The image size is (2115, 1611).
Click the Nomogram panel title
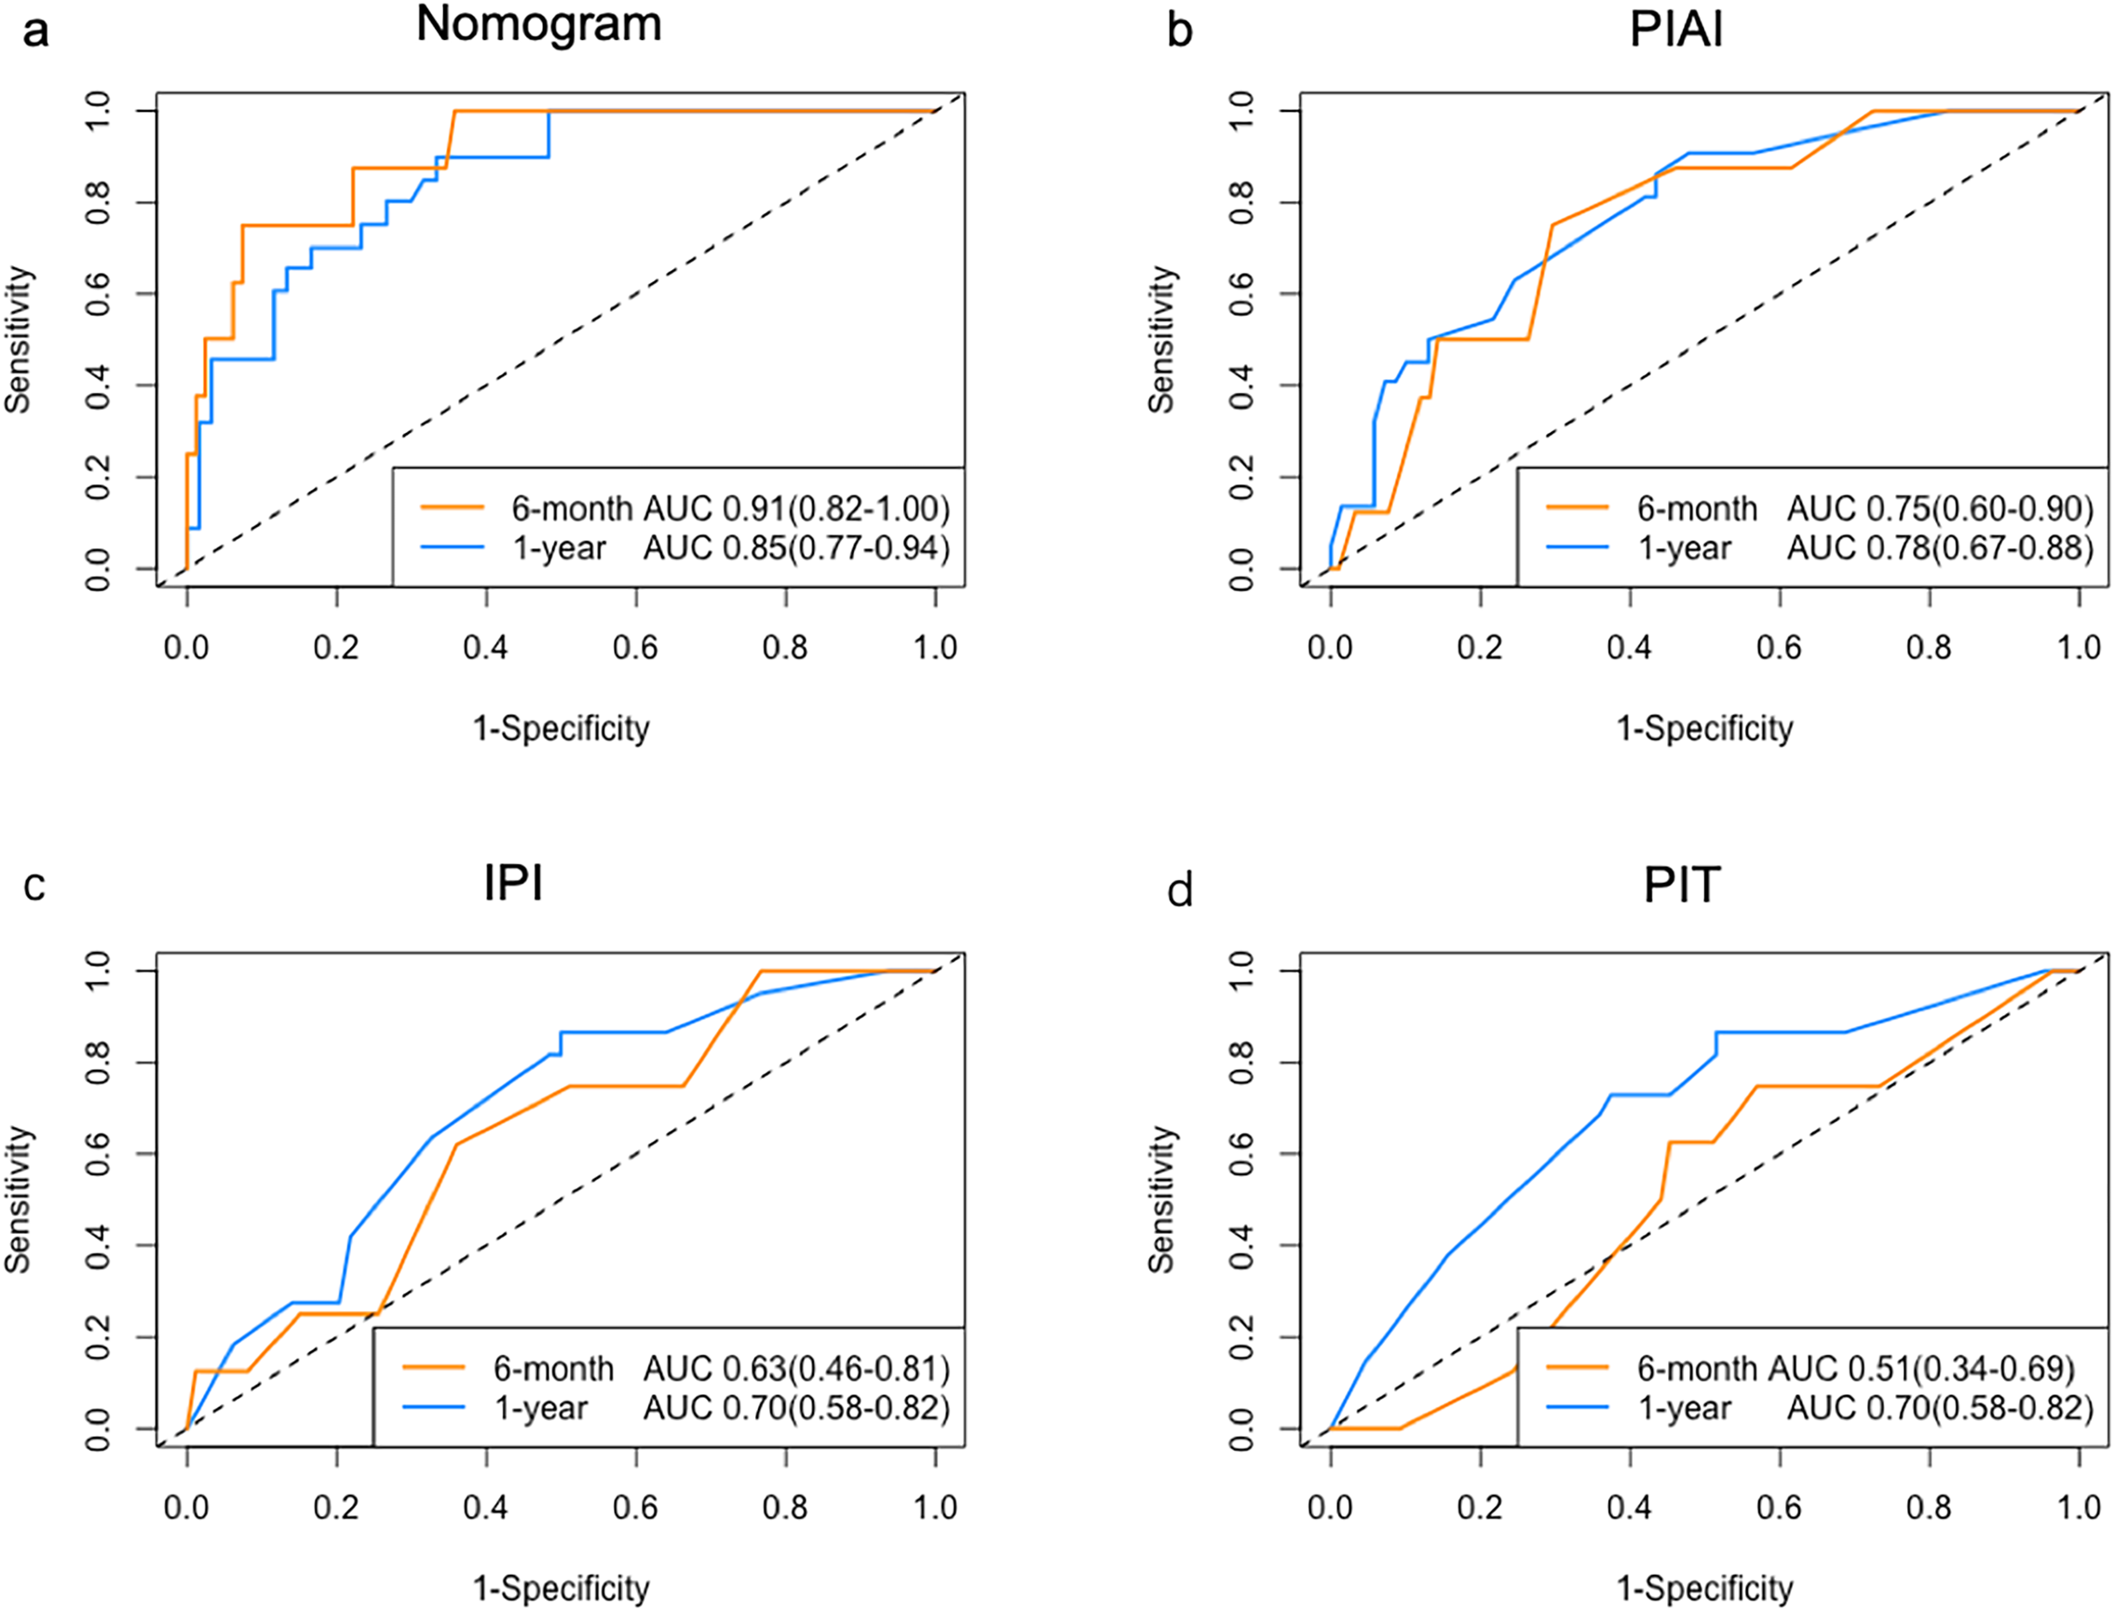(539, 25)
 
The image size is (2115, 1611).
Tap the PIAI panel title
(1676, 30)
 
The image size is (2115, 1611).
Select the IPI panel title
(514, 883)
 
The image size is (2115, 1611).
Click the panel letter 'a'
(35, 31)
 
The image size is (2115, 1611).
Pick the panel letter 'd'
(1179, 892)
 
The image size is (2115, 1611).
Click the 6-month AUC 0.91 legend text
(729, 508)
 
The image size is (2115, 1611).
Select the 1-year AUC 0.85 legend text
(730, 548)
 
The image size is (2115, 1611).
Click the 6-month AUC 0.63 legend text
(721, 1368)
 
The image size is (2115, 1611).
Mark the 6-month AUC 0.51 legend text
(1855, 1368)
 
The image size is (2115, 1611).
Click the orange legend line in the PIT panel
(1577, 1368)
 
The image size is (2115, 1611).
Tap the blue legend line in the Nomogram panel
(452, 548)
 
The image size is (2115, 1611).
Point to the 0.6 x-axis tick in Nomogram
(636, 648)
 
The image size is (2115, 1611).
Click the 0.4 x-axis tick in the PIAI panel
(1629, 648)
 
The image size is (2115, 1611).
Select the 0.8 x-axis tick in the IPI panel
(785, 1509)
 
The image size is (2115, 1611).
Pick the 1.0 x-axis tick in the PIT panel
(2079, 1509)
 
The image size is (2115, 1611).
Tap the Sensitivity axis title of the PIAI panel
(1161, 340)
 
